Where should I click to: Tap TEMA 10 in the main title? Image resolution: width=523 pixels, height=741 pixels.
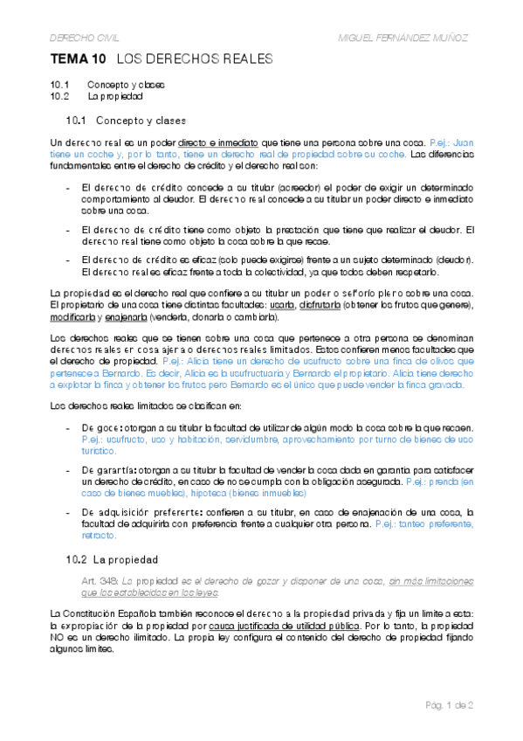coord(79,59)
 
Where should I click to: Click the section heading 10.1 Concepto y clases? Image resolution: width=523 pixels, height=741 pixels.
coord(126,120)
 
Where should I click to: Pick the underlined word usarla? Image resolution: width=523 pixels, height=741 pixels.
coord(282,304)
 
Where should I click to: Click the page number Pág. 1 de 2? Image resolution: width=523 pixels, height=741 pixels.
coord(449,704)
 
